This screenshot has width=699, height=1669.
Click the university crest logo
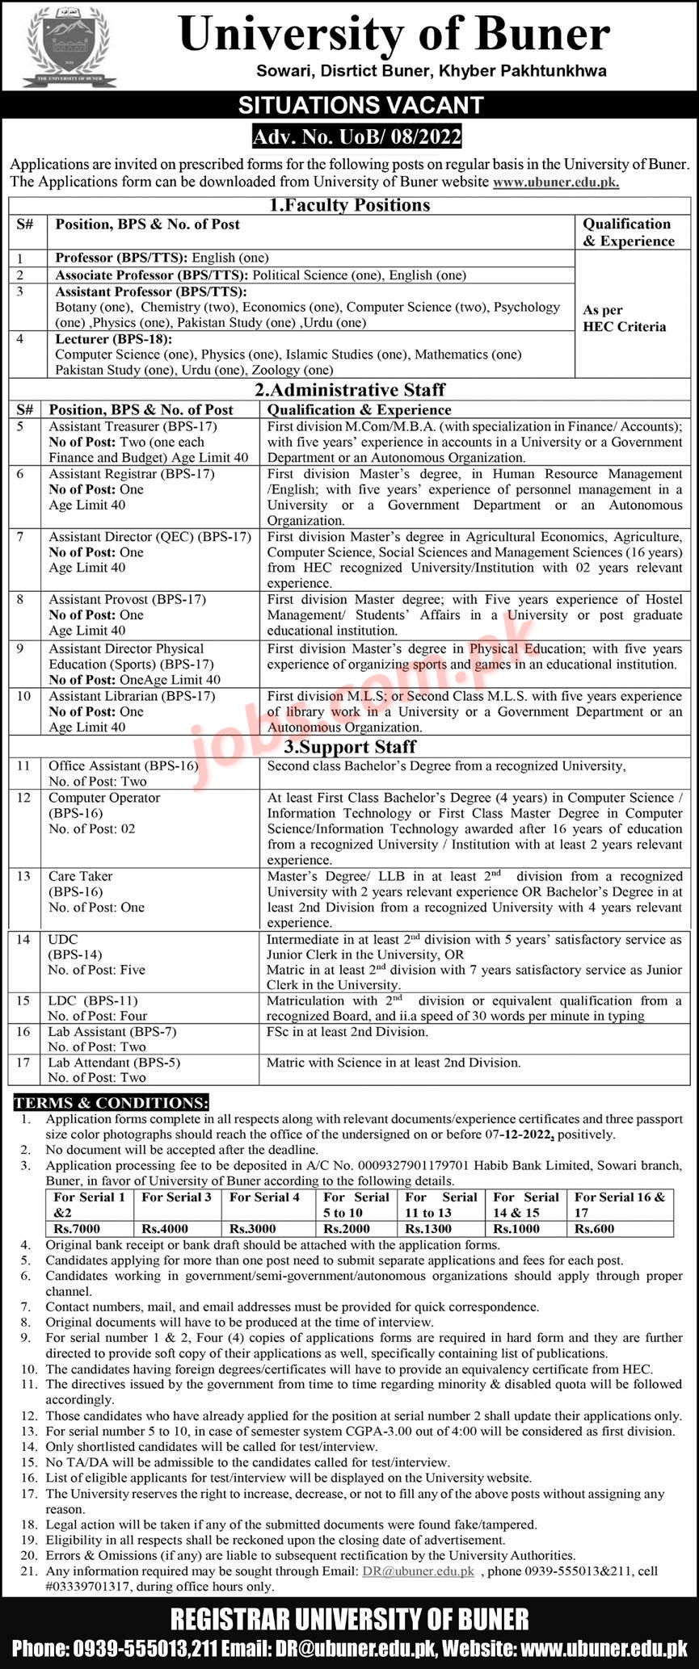tap(70, 47)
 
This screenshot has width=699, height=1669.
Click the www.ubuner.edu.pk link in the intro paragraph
tap(556, 182)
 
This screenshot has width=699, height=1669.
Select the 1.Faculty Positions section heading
tap(349, 205)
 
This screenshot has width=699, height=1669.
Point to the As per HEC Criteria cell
tap(625, 318)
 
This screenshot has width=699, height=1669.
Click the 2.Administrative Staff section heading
tap(349, 390)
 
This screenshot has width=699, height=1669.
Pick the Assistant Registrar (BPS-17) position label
tap(132, 474)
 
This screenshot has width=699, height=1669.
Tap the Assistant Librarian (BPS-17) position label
tap(132, 696)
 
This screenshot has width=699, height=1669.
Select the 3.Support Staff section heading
tap(349, 747)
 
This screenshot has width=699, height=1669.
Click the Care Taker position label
tap(81, 876)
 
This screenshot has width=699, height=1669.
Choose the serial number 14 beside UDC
tap(23, 939)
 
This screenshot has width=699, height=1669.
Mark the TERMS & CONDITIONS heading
tap(111, 1103)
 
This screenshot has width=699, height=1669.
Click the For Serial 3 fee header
tap(177, 1197)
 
